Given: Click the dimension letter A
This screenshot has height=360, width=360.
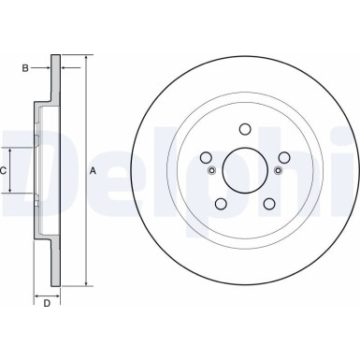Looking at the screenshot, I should tap(92, 170).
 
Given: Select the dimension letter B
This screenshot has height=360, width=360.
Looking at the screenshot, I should tap(26, 67).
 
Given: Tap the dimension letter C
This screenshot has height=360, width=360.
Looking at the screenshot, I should tap(4, 170).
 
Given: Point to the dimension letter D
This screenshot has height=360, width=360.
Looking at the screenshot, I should tap(46, 303).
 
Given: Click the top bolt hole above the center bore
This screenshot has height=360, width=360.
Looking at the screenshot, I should tap(244, 130).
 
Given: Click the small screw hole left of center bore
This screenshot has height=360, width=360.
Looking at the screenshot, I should tap(212, 170).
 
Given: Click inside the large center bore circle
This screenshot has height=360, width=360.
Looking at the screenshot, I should tap(244, 170).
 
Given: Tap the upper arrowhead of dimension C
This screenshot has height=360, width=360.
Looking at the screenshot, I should tap(12, 151).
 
